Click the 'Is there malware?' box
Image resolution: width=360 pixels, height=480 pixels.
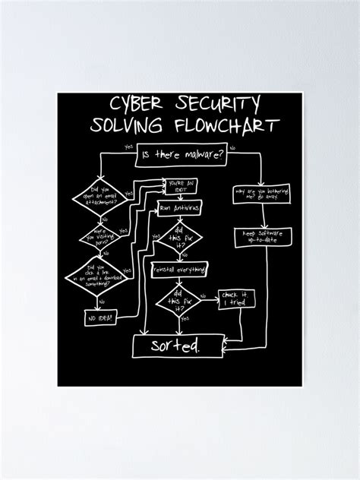[182, 155]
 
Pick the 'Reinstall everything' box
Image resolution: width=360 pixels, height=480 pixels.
[179, 270]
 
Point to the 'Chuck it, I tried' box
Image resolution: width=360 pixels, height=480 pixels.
[238, 299]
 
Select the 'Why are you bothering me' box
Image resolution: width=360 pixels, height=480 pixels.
[261, 195]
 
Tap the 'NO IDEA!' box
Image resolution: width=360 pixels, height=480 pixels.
[100, 319]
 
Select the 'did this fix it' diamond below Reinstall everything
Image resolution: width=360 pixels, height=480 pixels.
[179, 301]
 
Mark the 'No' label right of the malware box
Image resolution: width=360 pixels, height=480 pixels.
[232, 147]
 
